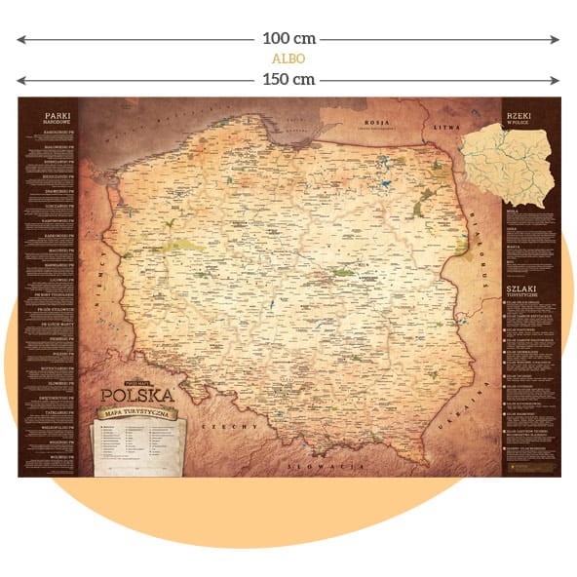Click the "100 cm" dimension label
[x=288, y=40]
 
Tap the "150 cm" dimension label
[x=288, y=79]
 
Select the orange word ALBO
[x=288, y=59]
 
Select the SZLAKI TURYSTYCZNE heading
[x=521, y=288]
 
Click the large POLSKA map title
[x=137, y=395]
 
